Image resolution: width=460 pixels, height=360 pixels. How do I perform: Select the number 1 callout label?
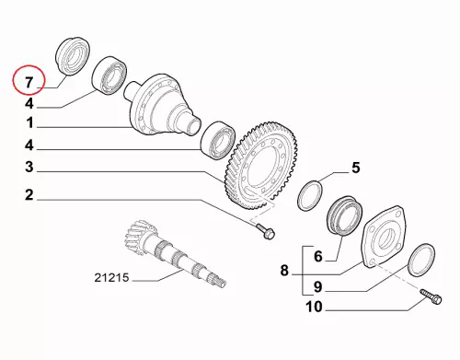pyautogui.click(x=29, y=123)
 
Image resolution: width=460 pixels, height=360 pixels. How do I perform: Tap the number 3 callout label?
pyautogui.click(x=29, y=168)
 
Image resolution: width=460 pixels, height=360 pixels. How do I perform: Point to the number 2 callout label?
pyautogui.click(x=29, y=195)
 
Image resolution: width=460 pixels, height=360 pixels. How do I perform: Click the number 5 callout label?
pyautogui.click(x=355, y=168)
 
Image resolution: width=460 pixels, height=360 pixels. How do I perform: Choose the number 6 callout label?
pyautogui.click(x=318, y=256)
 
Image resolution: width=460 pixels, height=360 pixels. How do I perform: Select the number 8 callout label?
pyautogui.click(x=284, y=271)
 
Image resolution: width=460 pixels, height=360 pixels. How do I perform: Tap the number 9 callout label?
pyautogui.click(x=318, y=287)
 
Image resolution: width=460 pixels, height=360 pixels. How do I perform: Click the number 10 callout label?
pyautogui.click(x=314, y=307)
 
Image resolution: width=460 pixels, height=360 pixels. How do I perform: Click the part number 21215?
pyautogui.click(x=111, y=278)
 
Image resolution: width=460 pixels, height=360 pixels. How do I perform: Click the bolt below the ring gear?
pyautogui.click(x=265, y=231)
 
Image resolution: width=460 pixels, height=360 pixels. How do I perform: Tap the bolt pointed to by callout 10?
pyautogui.click(x=431, y=296)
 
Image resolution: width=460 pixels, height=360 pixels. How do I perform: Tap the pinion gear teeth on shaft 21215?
pyautogui.click(x=138, y=236)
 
